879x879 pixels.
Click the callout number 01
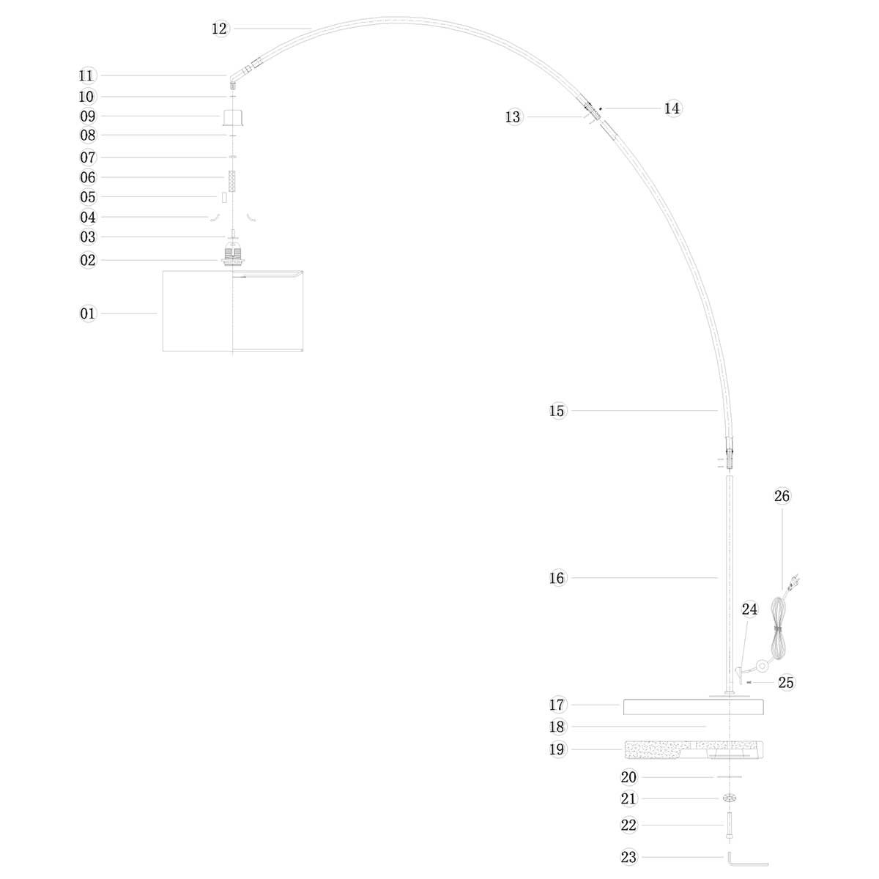click(x=88, y=314)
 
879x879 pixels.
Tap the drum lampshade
click(x=232, y=311)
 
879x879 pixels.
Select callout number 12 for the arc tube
click(x=220, y=29)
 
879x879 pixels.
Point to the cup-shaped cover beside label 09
click(x=232, y=117)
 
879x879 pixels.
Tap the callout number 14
click(x=672, y=108)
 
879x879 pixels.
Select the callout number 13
click(x=513, y=117)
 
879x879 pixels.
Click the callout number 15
click(x=557, y=411)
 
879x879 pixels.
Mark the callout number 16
click(x=557, y=578)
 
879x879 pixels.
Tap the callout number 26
click(x=782, y=496)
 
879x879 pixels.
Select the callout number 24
click(x=749, y=609)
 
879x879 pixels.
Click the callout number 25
click(x=786, y=683)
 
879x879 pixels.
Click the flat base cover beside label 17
click(x=693, y=707)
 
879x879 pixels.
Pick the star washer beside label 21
click(x=729, y=798)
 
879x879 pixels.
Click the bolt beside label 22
click(x=730, y=828)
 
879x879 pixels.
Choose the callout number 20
click(x=628, y=777)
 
